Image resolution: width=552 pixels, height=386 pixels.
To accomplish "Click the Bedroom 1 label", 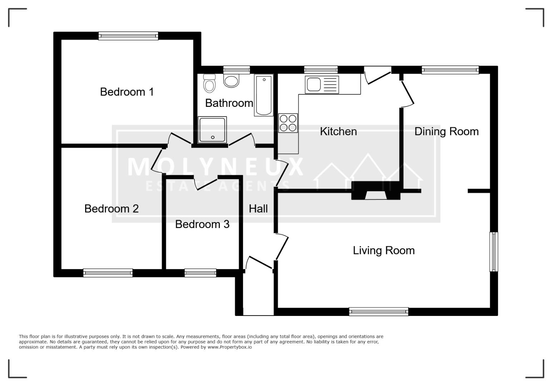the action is [127, 92].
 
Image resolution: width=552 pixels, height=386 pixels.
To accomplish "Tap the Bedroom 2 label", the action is [112, 209].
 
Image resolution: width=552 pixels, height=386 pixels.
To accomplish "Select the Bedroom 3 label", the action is [202, 224].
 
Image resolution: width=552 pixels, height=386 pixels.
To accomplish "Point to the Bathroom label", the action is [229, 103].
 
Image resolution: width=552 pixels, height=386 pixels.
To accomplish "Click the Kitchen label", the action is [338, 131].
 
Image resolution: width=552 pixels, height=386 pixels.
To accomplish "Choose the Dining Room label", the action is [447, 132].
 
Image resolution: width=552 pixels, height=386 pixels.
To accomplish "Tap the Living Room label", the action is [384, 251].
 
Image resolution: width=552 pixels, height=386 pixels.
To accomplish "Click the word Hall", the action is [258, 209].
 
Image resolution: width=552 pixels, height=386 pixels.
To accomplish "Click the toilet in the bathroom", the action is [210, 83].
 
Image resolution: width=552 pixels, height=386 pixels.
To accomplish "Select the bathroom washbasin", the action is [231, 81].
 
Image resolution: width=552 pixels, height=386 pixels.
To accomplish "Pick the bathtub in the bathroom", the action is [264, 95].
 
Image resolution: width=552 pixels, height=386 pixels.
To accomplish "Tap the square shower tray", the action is [212, 130].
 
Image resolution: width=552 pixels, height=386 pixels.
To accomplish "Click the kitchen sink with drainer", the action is [322, 84].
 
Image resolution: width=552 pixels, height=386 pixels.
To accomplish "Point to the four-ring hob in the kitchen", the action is [288, 123].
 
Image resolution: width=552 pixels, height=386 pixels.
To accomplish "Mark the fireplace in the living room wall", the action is [376, 190].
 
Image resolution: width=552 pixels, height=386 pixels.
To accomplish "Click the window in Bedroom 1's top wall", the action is [128, 36].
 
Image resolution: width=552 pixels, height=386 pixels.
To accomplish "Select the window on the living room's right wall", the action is [494, 252].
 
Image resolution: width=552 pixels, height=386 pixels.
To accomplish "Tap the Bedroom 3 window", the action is [200, 273].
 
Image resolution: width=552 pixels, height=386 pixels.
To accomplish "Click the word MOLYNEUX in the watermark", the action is [215, 167].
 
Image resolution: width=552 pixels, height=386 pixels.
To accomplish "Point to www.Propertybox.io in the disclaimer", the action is [230, 347].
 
